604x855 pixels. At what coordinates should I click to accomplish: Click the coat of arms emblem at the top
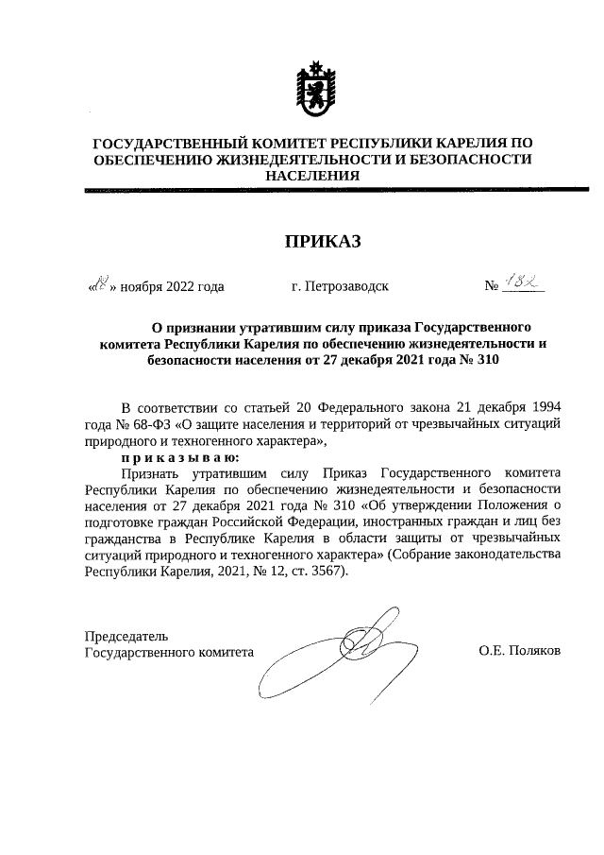click(312, 88)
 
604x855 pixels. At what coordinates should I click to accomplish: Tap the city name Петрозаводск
click(340, 285)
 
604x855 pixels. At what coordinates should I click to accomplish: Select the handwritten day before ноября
click(100, 282)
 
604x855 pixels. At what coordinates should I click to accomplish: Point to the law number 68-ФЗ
click(144, 424)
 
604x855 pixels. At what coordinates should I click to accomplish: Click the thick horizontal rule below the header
click(312, 191)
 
